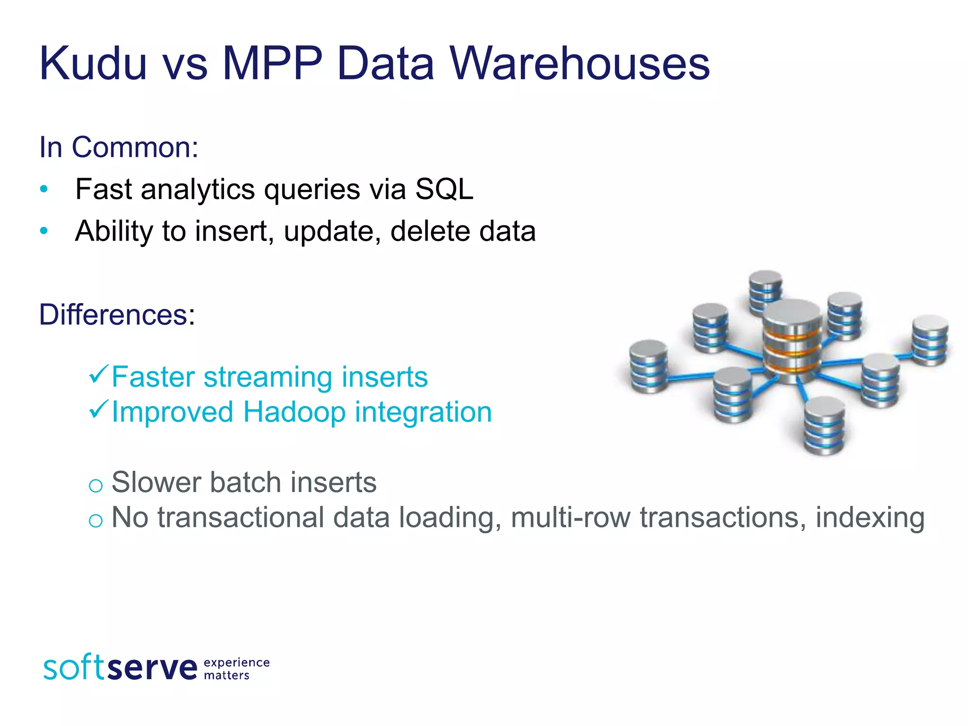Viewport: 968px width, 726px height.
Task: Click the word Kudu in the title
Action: point(93,64)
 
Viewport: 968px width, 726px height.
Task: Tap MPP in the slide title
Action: point(272,64)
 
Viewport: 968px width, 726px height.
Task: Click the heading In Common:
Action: point(119,147)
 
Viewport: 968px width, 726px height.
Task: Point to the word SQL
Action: point(444,190)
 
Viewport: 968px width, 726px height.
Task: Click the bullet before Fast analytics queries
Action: point(44,190)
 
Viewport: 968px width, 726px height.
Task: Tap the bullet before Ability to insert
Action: point(44,231)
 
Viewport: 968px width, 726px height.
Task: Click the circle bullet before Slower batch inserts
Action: point(95,485)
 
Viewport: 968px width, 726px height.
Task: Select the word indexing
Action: point(870,518)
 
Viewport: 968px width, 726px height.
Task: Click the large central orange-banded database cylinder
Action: point(792,340)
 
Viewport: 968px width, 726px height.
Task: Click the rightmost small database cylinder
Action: point(930,340)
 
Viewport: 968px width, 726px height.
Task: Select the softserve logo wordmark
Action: point(120,667)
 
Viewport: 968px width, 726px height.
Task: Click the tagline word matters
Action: point(226,675)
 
